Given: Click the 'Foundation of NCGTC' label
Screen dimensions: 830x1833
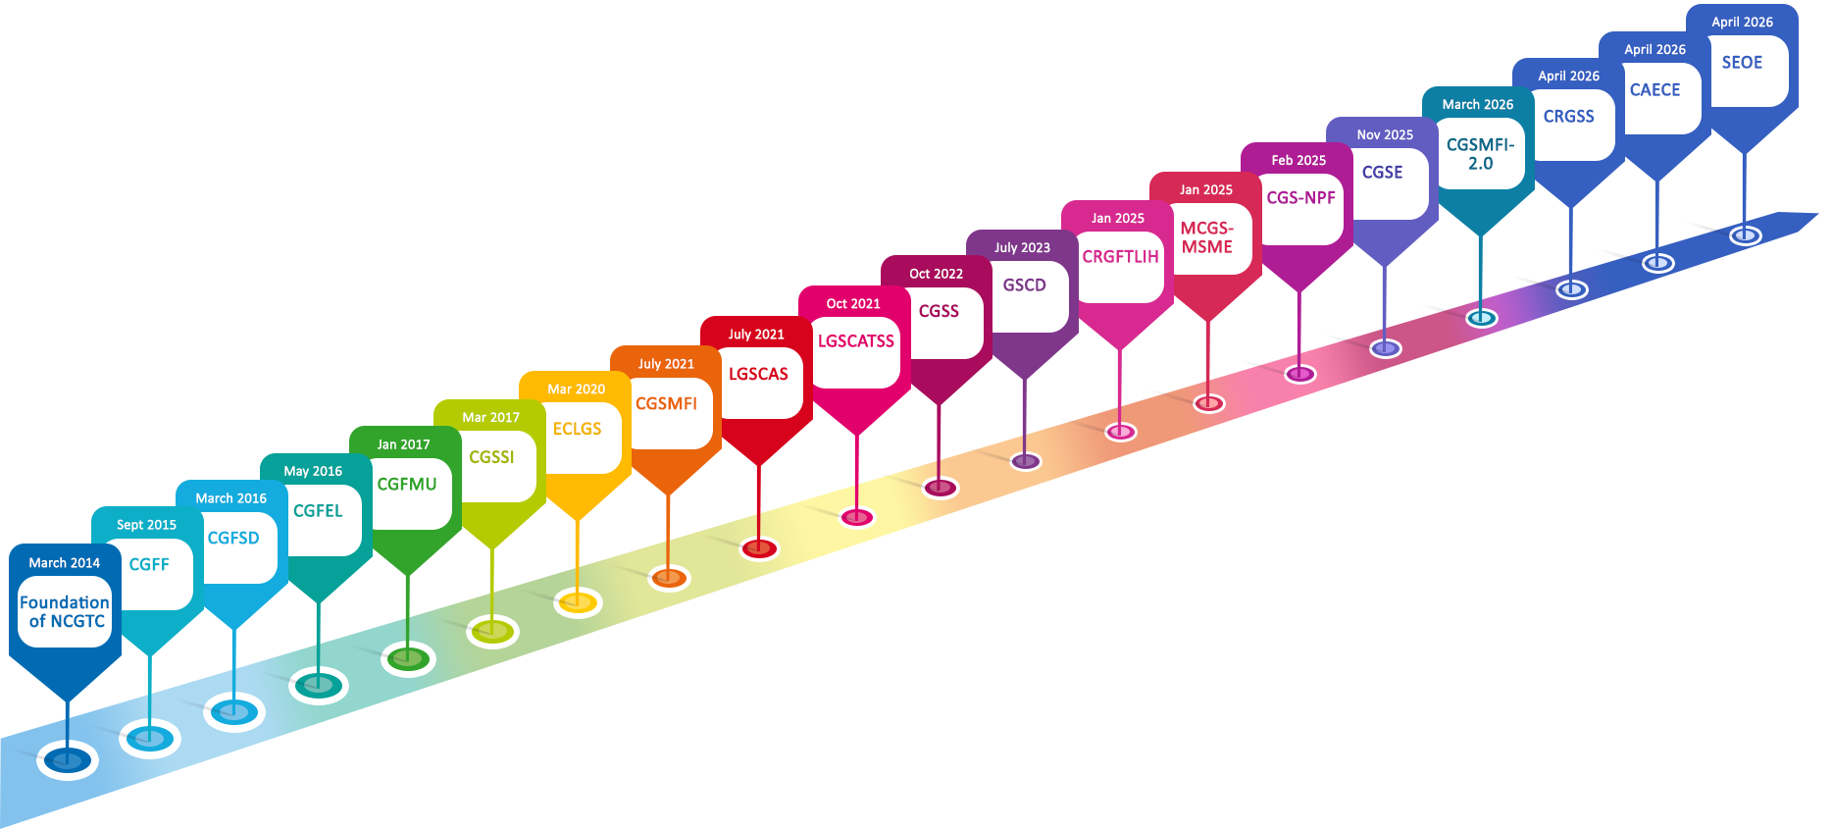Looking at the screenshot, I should (65, 611).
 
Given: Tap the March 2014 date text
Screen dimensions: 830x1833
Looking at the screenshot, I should (65, 563).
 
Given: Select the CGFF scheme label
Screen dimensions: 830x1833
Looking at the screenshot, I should (149, 565).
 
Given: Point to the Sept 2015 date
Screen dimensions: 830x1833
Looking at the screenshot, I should (146, 525).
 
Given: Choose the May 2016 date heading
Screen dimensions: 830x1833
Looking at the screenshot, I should (313, 472).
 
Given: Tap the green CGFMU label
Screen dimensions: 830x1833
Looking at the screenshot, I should (407, 485).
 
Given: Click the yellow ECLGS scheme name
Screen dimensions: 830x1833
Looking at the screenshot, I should (577, 430).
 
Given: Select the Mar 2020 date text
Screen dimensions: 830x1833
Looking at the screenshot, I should (577, 389).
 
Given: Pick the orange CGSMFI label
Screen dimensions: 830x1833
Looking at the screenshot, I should (667, 404).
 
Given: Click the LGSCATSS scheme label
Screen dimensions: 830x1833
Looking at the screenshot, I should (856, 341).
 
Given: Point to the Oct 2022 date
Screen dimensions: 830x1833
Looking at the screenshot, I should (936, 275).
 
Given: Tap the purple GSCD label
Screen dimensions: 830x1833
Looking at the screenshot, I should (1024, 285).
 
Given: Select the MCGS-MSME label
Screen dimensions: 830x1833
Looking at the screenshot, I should (1206, 237).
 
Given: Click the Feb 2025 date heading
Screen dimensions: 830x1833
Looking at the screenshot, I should (1298, 161).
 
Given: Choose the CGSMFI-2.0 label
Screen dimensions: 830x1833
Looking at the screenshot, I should (1480, 154).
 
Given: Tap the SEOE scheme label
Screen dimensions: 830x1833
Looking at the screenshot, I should (1742, 63).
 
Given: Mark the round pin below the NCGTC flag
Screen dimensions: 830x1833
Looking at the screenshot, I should (68, 759).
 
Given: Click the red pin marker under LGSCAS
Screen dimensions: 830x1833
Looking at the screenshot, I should (758, 548).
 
